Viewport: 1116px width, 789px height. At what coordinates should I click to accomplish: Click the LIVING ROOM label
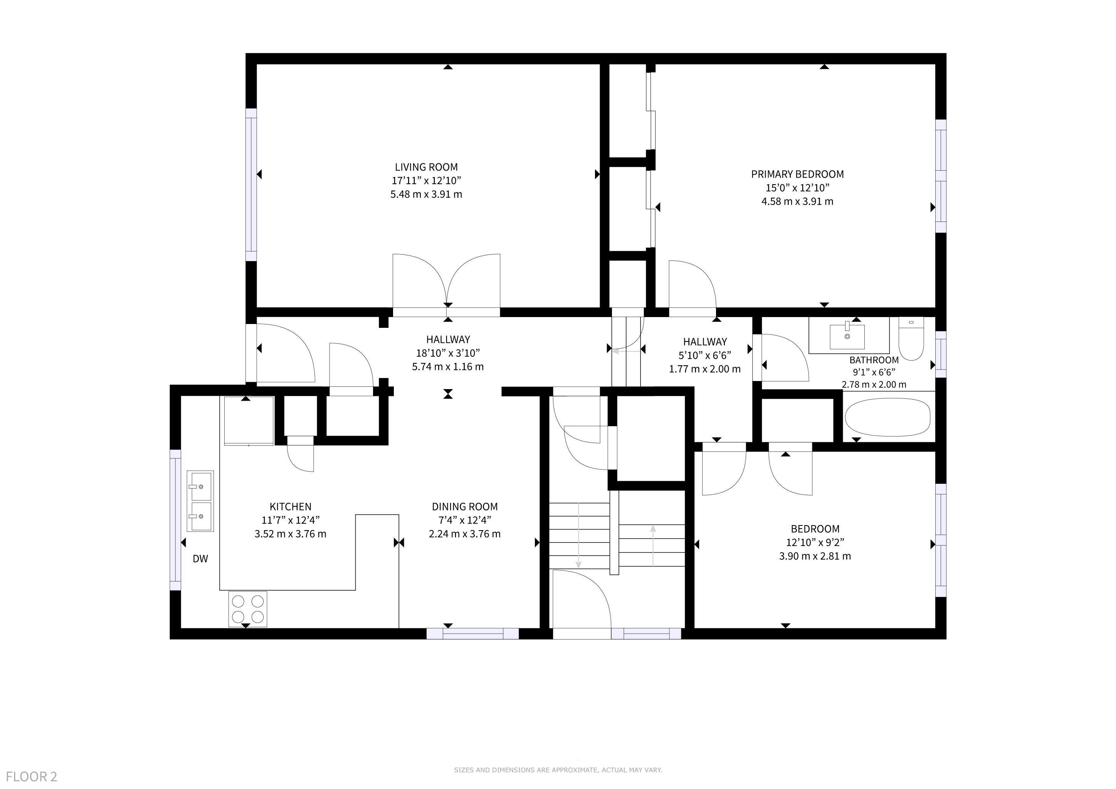tap(426, 167)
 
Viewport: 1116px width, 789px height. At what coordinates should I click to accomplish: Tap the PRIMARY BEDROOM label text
tap(797, 174)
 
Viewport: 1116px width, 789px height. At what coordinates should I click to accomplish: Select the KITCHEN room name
tap(290, 506)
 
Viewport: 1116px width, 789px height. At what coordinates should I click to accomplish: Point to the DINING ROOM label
tap(465, 506)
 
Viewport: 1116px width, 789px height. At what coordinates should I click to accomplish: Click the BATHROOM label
tap(874, 360)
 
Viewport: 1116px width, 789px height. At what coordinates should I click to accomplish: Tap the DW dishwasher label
tap(200, 559)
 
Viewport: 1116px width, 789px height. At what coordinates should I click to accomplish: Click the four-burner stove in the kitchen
tap(248, 609)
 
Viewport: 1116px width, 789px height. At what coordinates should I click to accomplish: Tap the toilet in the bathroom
tap(911, 339)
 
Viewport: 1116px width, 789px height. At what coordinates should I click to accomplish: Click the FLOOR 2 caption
tap(32, 776)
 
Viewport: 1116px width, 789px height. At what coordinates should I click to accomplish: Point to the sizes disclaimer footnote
tap(558, 770)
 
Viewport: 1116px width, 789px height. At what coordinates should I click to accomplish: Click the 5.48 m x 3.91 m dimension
tap(426, 194)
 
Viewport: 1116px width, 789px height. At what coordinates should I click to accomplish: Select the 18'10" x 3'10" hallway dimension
tap(448, 353)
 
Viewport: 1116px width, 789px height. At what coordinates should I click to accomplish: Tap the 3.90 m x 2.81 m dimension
tap(815, 556)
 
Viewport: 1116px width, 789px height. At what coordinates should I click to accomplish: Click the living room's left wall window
tap(251, 185)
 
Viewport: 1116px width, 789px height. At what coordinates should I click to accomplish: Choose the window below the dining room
tap(473, 633)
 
